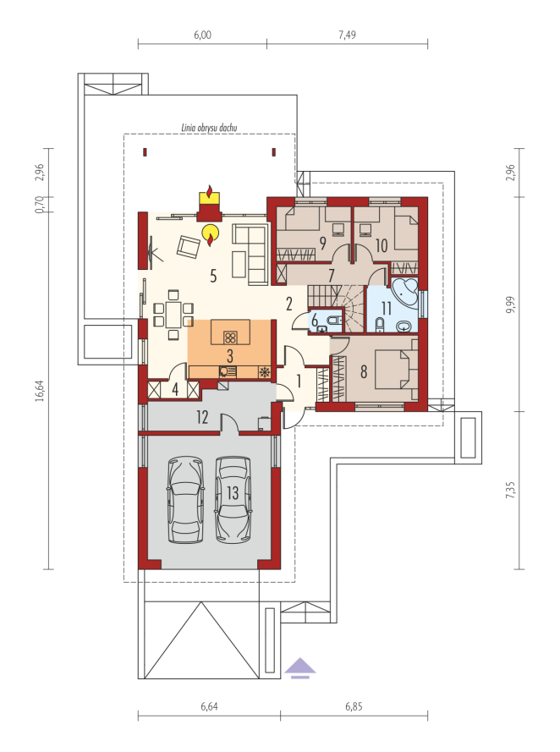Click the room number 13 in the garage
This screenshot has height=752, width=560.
click(x=233, y=492)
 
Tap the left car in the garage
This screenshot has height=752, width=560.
click(x=185, y=500)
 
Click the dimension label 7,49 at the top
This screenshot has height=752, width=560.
click(x=347, y=35)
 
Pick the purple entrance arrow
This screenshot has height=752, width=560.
click(x=300, y=667)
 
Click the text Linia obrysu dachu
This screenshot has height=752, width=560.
click(x=209, y=128)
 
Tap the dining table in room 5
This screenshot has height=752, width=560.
click(x=173, y=314)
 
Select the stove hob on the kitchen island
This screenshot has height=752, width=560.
click(x=230, y=338)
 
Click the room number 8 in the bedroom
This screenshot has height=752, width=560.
click(x=364, y=371)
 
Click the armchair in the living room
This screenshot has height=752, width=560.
click(x=188, y=246)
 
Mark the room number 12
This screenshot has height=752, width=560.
click(x=202, y=417)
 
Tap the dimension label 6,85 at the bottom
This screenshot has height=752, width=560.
click(x=354, y=706)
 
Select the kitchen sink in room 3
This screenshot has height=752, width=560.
click(x=228, y=371)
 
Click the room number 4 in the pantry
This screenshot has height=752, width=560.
click(x=175, y=389)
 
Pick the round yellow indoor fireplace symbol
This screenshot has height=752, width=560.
click(x=211, y=233)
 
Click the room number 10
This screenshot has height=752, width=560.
click(x=382, y=245)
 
